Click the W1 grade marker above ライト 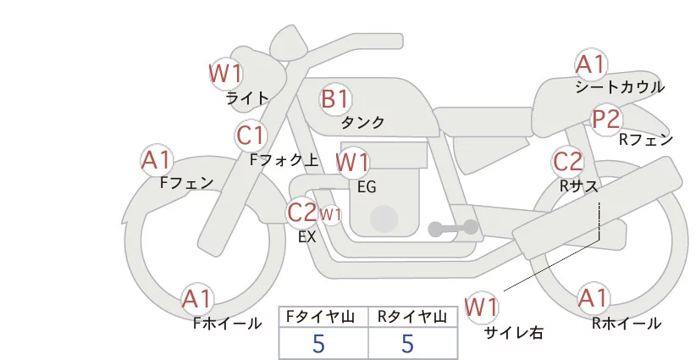[225, 73]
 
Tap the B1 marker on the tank [335, 98]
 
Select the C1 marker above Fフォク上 [251, 136]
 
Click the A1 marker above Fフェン [157, 160]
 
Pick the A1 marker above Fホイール [197, 298]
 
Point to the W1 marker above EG [352, 162]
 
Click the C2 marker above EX [301, 212]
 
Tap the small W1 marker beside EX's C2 [331, 215]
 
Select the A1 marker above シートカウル [591, 64]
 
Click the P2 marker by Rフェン [606, 119]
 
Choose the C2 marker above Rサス [567, 161]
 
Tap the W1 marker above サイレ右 [481, 307]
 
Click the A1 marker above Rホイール [593, 297]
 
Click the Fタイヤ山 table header [320, 317]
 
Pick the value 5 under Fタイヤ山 [318, 343]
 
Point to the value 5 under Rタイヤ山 [407, 343]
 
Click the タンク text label [362, 122]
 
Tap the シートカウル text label [620, 87]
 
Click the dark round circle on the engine [384, 219]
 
